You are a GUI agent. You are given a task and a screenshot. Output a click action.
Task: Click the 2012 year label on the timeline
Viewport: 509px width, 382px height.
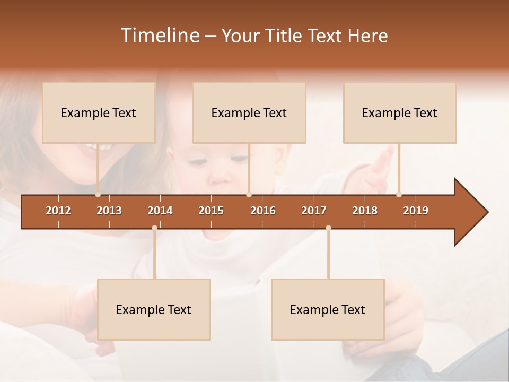click(x=58, y=211)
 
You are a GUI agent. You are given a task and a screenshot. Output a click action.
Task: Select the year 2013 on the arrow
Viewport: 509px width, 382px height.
click(x=109, y=211)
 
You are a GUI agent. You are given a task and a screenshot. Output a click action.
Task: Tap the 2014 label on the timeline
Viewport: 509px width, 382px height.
click(x=160, y=211)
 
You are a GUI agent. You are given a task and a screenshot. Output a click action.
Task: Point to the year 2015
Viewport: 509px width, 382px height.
click(x=211, y=211)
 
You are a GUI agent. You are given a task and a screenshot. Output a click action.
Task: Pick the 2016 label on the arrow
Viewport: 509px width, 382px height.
click(x=263, y=211)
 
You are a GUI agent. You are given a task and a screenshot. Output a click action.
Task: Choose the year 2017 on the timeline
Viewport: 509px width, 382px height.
click(x=314, y=211)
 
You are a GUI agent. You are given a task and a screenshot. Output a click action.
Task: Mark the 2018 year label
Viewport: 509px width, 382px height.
click(x=365, y=211)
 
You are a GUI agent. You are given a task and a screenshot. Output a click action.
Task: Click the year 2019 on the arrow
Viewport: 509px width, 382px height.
click(x=416, y=211)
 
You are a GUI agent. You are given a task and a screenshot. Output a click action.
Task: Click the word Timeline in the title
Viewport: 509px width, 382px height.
click(x=159, y=36)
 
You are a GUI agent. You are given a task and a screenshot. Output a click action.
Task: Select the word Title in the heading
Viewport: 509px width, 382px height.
click(x=285, y=36)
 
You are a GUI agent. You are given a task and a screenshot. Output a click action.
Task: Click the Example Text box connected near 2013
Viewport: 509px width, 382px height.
click(x=99, y=113)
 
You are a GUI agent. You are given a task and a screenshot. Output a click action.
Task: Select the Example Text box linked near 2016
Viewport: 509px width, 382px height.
click(x=249, y=113)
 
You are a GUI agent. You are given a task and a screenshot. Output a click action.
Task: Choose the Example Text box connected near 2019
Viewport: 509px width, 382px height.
click(x=400, y=113)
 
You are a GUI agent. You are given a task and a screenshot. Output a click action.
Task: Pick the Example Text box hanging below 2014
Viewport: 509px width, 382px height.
click(x=154, y=310)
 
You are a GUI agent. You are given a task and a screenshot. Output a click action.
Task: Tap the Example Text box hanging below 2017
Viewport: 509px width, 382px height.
click(x=328, y=310)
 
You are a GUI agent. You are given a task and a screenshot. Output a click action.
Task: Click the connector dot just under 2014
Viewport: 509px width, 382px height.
click(x=154, y=228)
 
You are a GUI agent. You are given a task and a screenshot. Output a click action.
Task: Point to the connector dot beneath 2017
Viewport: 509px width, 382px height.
click(x=328, y=228)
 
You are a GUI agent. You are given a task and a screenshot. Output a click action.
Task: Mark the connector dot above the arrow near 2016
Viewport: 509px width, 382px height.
click(x=249, y=194)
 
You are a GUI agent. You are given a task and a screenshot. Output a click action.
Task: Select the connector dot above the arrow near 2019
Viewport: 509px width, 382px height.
click(x=399, y=194)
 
